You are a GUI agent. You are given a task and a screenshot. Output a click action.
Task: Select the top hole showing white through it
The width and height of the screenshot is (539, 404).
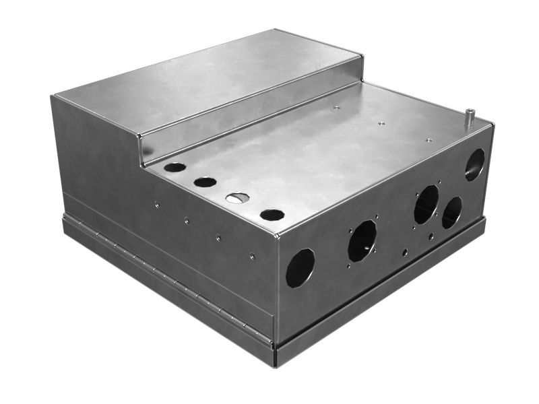pyautogui.click(x=236, y=198)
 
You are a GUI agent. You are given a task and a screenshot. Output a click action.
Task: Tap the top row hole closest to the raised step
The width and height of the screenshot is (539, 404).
pyautogui.click(x=175, y=167)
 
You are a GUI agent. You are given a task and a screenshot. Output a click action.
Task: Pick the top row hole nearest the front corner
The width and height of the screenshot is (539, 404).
pyautogui.click(x=272, y=215)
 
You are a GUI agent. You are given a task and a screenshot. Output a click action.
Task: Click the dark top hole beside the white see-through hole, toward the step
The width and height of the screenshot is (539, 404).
pyautogui.click(x=205, y=182)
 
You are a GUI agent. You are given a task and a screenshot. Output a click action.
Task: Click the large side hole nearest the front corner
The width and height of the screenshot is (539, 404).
pyautogui.click(x=300, y=267)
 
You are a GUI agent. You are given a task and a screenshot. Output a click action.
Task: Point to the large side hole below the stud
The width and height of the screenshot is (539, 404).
pyautogui.click(x=474, y=164)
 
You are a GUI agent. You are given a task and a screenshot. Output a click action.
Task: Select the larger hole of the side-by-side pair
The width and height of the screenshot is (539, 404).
pyautogui.click(x=426, y=204)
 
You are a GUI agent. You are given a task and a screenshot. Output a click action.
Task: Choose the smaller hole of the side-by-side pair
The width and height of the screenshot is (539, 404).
pyautogui.click(x=451, y=212)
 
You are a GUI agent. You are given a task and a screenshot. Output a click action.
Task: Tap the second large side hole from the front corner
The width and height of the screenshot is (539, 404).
pyautogui.click(x=362, y=240)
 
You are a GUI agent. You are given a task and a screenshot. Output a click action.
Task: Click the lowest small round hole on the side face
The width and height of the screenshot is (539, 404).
pyautogui.click(x=404, y=252)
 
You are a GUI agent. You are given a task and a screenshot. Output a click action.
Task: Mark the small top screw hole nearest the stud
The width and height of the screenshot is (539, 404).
pyautogui.click(x=429, y=140)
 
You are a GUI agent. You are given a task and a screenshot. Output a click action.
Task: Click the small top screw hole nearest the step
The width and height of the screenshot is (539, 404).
pyautogui.click(x=336, y=107)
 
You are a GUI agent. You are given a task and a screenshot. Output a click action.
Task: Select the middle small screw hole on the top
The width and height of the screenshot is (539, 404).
pyautogui.click(x=381, y=123)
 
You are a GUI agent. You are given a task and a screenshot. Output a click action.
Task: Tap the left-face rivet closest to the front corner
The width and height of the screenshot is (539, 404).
pyautogui.click(x=251, y=255)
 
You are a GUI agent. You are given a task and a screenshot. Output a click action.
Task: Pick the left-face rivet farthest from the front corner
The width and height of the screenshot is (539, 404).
pyautogui.click(x=156, y=204)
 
